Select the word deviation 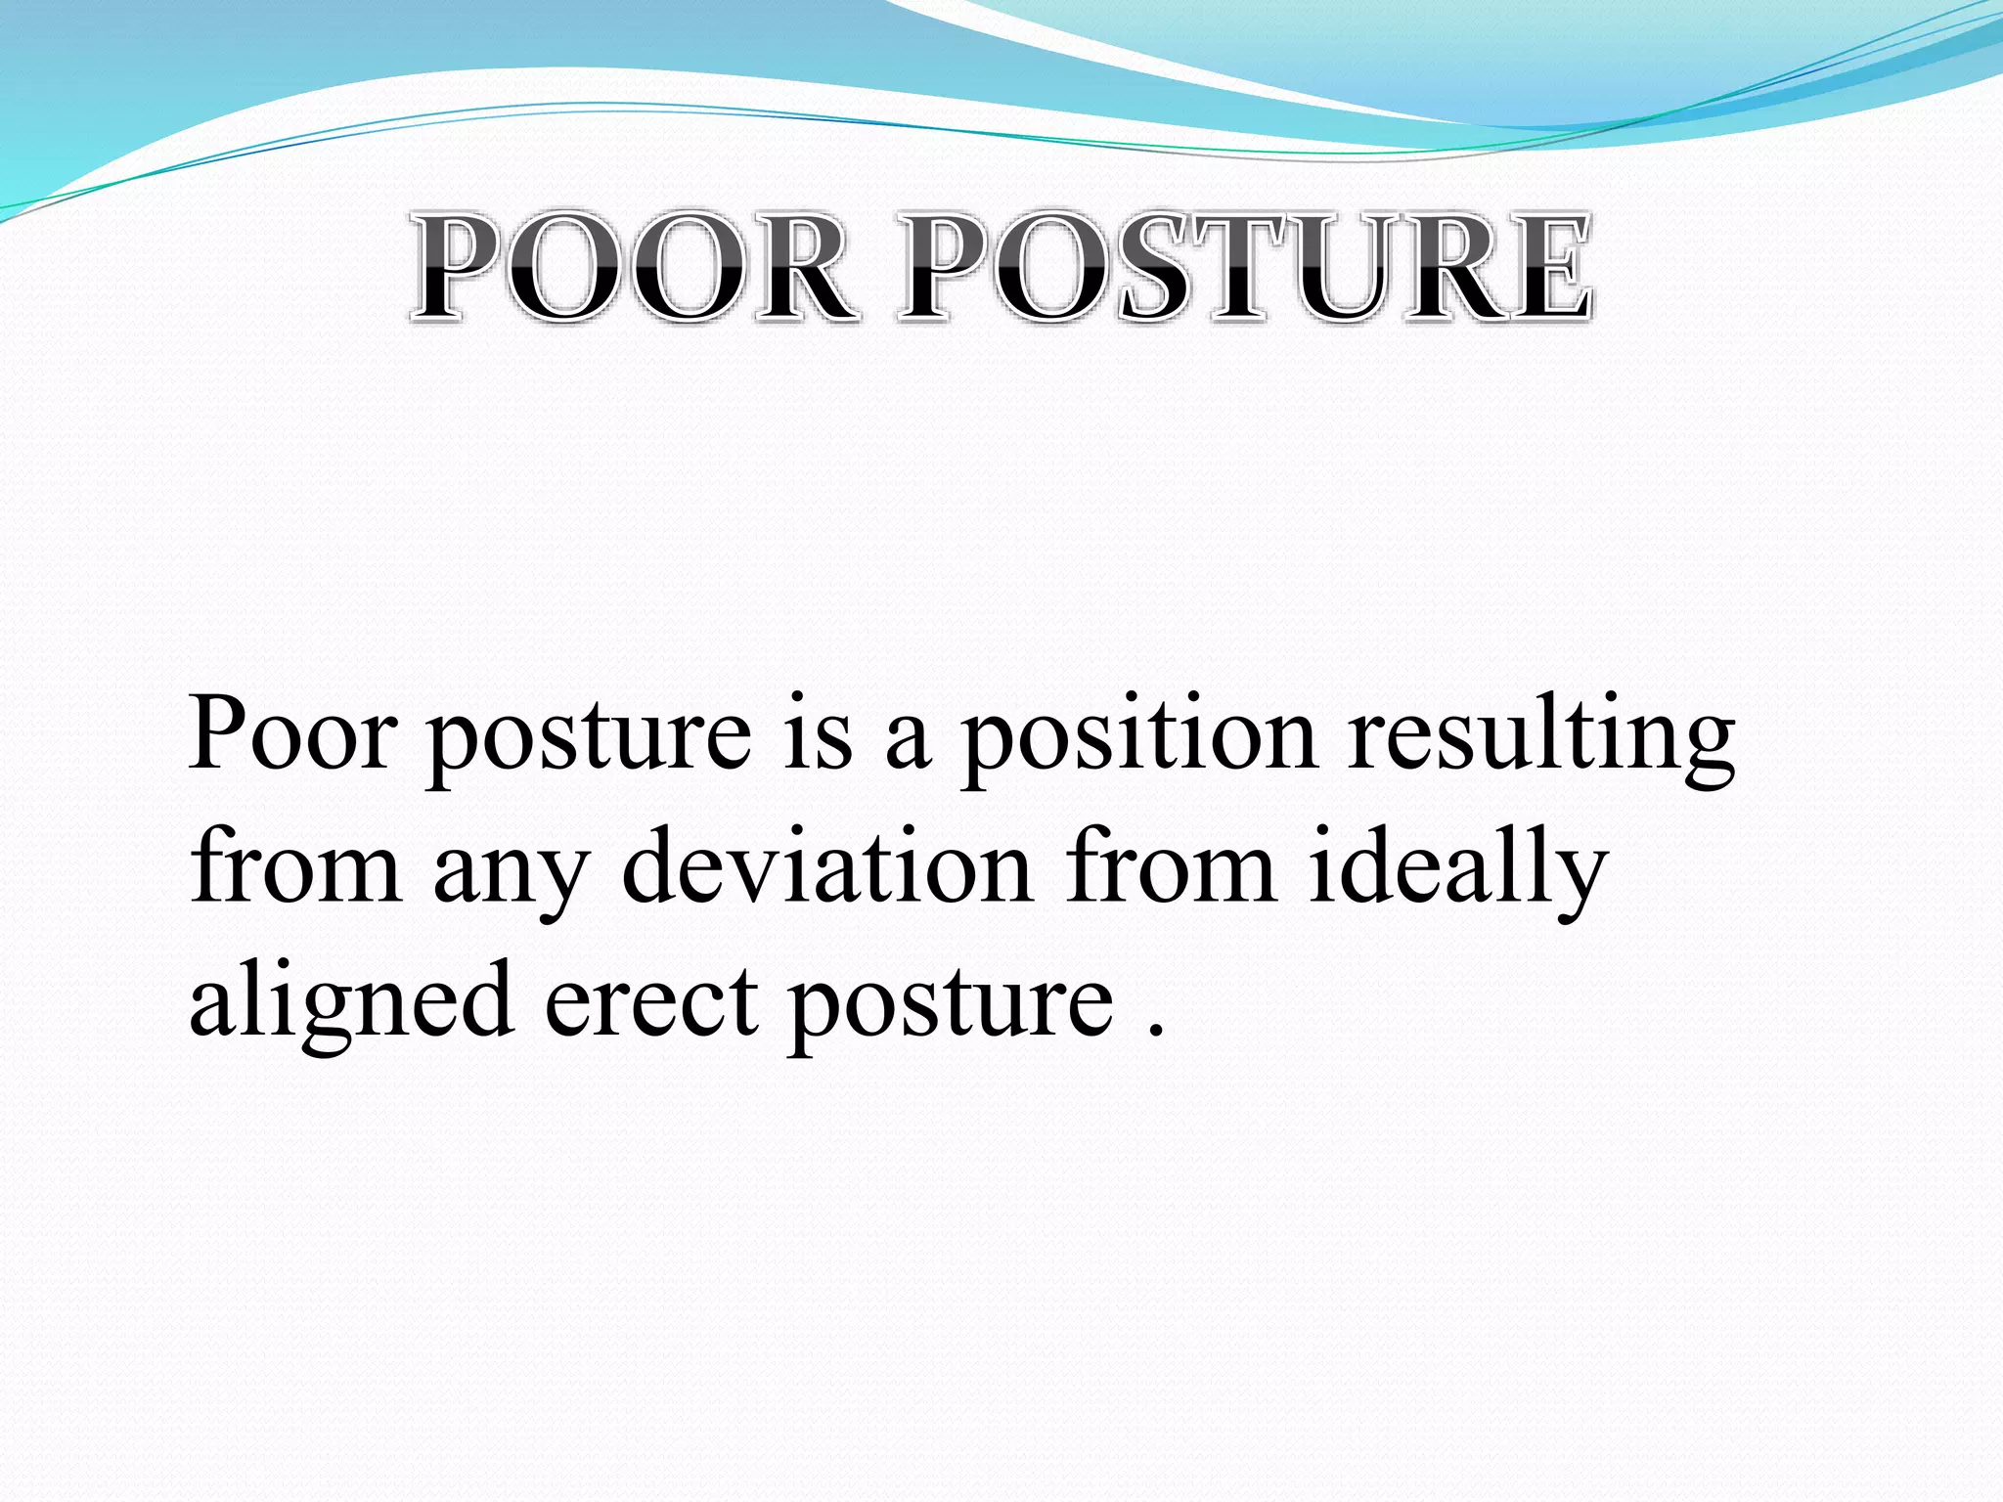coord(827,865)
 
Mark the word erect coord(650,1002)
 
